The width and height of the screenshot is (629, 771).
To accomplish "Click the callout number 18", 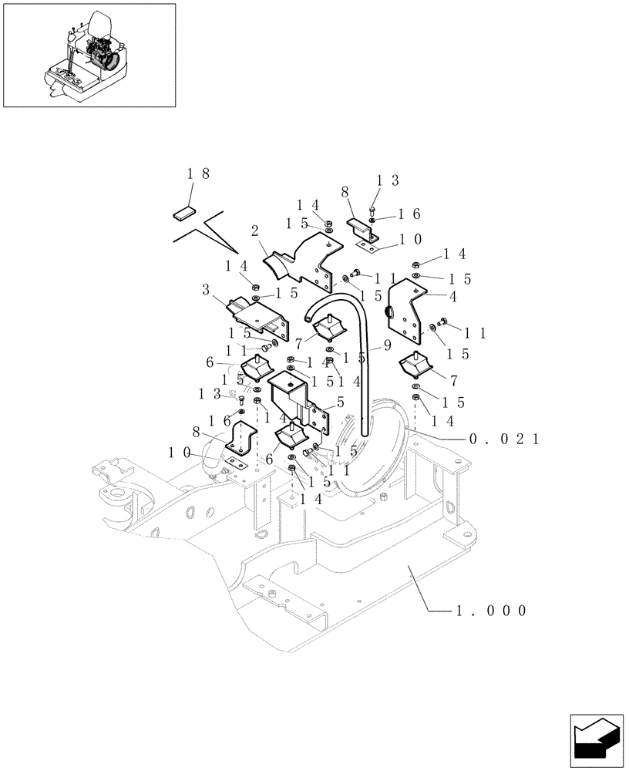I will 198,174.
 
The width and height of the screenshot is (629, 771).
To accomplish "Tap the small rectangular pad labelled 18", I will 185,214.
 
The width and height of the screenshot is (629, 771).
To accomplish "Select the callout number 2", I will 254,231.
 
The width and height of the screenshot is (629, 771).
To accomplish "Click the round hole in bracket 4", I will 388,312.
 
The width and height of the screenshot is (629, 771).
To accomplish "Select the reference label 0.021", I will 503,439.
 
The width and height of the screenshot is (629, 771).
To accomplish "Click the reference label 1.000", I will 490,611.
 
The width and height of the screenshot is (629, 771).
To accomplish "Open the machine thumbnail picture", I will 89,55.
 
